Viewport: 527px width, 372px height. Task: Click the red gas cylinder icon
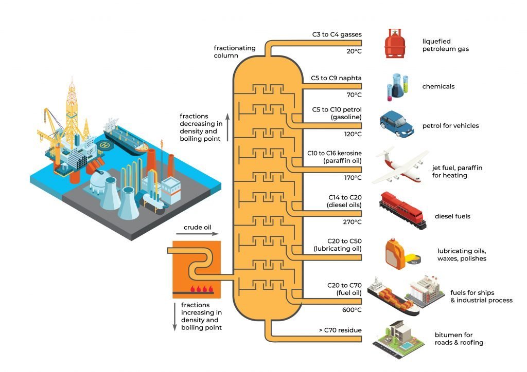point(395,44)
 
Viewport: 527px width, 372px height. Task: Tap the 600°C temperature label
point(352,310)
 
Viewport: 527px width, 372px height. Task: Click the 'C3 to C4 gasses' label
point(337,35)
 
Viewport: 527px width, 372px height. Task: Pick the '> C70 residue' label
point(340,330)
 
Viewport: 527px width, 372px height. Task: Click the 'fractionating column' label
point(235,51)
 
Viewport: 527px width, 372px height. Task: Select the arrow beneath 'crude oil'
point(197,234)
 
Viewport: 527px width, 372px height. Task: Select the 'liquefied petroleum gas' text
point(445,45)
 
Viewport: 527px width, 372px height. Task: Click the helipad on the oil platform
point(106,145)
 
